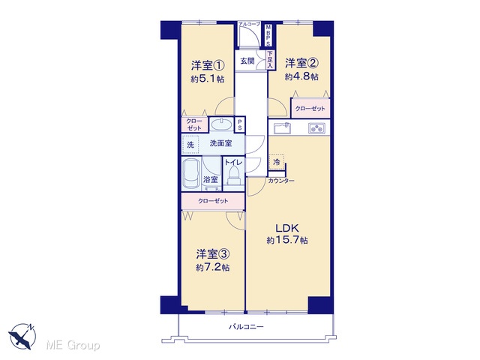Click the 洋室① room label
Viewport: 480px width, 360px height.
pyautogui.click(x=208, y=65)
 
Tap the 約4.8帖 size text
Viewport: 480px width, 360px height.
pyautogui.click(x=301, y=76)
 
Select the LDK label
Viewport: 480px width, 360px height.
pyautogui.click(x=286, y=228)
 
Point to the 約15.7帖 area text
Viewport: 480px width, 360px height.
pyautogui.click(x=287, y=240)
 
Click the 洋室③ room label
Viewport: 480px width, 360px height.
pyautogui.click(x=213, y=254)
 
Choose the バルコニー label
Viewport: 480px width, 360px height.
pyautogui.click(x=246, y=327)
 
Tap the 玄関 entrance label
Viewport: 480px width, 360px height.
pyautogui.click(x=247, y=61)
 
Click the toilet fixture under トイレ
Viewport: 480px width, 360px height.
pyautogui.click(x=234, y=176)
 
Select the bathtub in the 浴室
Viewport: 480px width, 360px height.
pyautogui.click(x=191, y=173)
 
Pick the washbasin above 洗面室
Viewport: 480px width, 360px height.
pyautogui.click(x=221, y=124)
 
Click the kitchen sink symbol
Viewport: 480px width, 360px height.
pyautogui.click(x=282, y=128)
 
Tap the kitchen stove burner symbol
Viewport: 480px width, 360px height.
pyautogui.click(x=316, y=128)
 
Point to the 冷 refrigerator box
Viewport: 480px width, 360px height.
pyautogui.click(x=277, y=162)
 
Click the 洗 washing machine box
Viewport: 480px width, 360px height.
pyautogui.click(x=190, y=145)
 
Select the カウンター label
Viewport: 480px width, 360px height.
pyautogui.click(x=281, y=181)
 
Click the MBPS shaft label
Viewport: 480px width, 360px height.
pyautogui.click(x=268, y=35)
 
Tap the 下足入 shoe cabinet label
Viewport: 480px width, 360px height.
pyautogui.click(x=270, y=60)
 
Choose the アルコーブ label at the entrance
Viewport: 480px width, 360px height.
pyautogui.click(x=250, y=24)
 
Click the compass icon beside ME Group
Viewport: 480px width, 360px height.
pyautogui.click(x=22, y=336)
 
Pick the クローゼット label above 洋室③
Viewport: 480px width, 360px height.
pyautogui.click(x=213, y=201)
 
